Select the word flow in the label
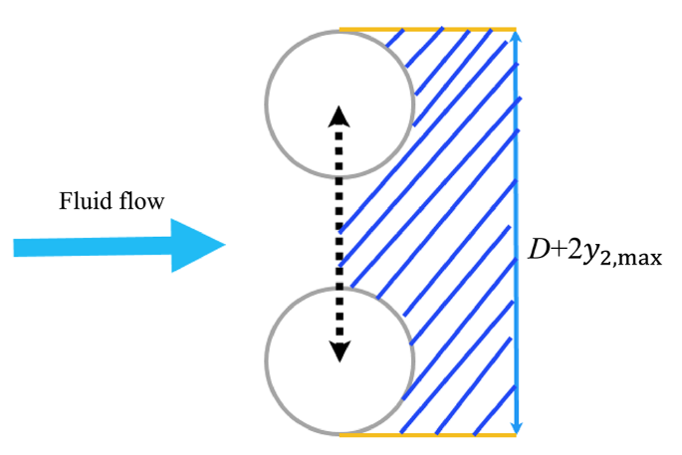pyautogui.click(x=144, y=203)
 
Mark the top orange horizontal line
pyautogui.click(x=428, y=29)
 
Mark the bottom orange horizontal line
pyautogui.click(x=428, y=435)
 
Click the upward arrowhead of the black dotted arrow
pyautogui.click(x=340, y=116)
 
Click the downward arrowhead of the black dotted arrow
pyautogui.click(x=340, y=350)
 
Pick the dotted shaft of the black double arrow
pyautogui.click(x=340, y=234)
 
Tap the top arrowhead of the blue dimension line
pyautogui.click(x=516, y=37)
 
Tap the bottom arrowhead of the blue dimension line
pyautogui.click(x=516, y=425)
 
